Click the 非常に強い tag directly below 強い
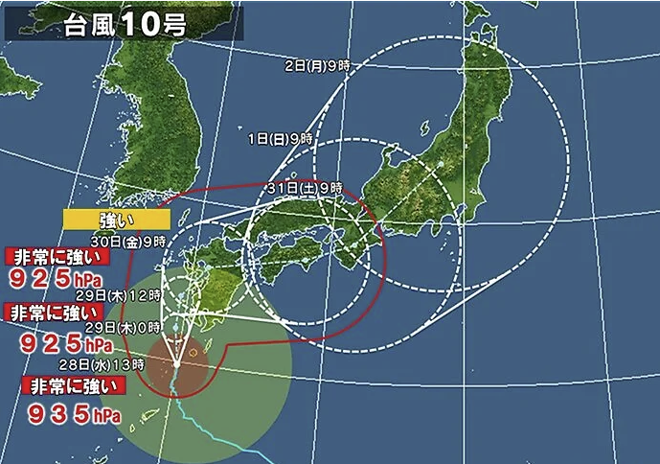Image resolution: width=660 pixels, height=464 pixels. pos(57,256)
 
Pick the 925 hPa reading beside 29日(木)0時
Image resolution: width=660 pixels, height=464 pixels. pos(62,341)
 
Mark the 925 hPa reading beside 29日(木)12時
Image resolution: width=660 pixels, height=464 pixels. pos(61,279)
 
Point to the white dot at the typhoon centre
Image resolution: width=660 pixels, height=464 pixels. pos(176,363)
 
